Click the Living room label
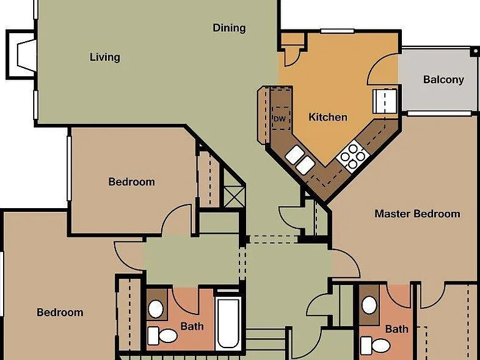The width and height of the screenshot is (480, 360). [105, 57]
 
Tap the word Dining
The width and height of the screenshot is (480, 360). [229, 28]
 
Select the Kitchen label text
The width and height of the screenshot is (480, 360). [328, 117]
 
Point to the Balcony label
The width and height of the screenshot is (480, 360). [444, 79]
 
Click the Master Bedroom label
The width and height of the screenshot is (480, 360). [417, 214]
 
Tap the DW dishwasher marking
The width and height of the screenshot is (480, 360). [279, 119]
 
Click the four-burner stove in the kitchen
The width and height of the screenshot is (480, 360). [352, 156]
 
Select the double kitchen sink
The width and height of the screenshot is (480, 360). [300, 160]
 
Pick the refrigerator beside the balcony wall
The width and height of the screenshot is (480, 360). [385, 101]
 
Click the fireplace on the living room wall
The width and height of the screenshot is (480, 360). [21, 55]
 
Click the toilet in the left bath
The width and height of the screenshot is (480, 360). [162, 336]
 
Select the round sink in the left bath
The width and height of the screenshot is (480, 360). [156, 309]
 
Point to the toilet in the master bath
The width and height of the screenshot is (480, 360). [375, 345]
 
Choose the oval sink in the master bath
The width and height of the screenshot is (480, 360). [369, 305]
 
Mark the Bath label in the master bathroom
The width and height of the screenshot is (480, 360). [397, 329]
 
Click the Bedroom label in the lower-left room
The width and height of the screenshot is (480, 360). [60, 312]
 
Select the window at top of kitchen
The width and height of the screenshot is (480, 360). [337, 31]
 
